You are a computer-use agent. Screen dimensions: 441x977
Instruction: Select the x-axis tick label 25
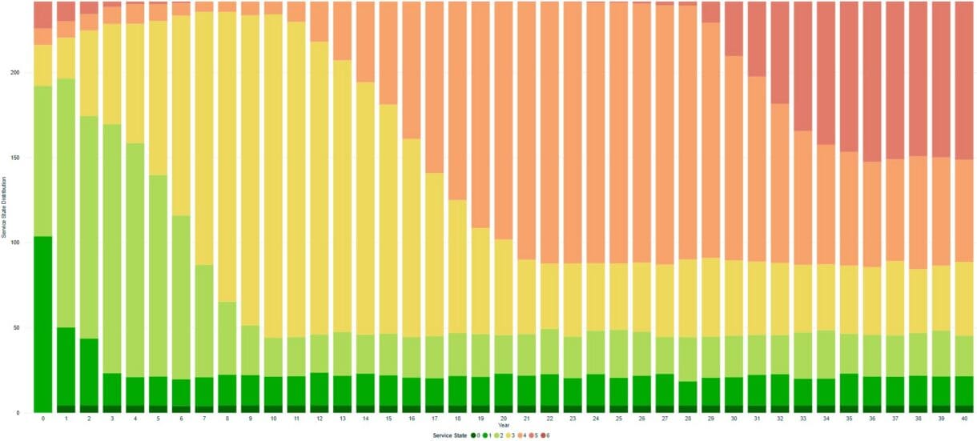tap(619, 419)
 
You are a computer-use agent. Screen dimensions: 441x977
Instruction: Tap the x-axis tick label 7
tap(204, 419)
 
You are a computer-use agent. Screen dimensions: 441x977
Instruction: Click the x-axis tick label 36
tap(873, 419)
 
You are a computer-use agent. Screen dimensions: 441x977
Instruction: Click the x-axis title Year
tap(503, 425)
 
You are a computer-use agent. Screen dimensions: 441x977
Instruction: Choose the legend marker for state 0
tap(472, 435)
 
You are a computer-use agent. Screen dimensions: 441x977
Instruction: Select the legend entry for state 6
tap(546, 435)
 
